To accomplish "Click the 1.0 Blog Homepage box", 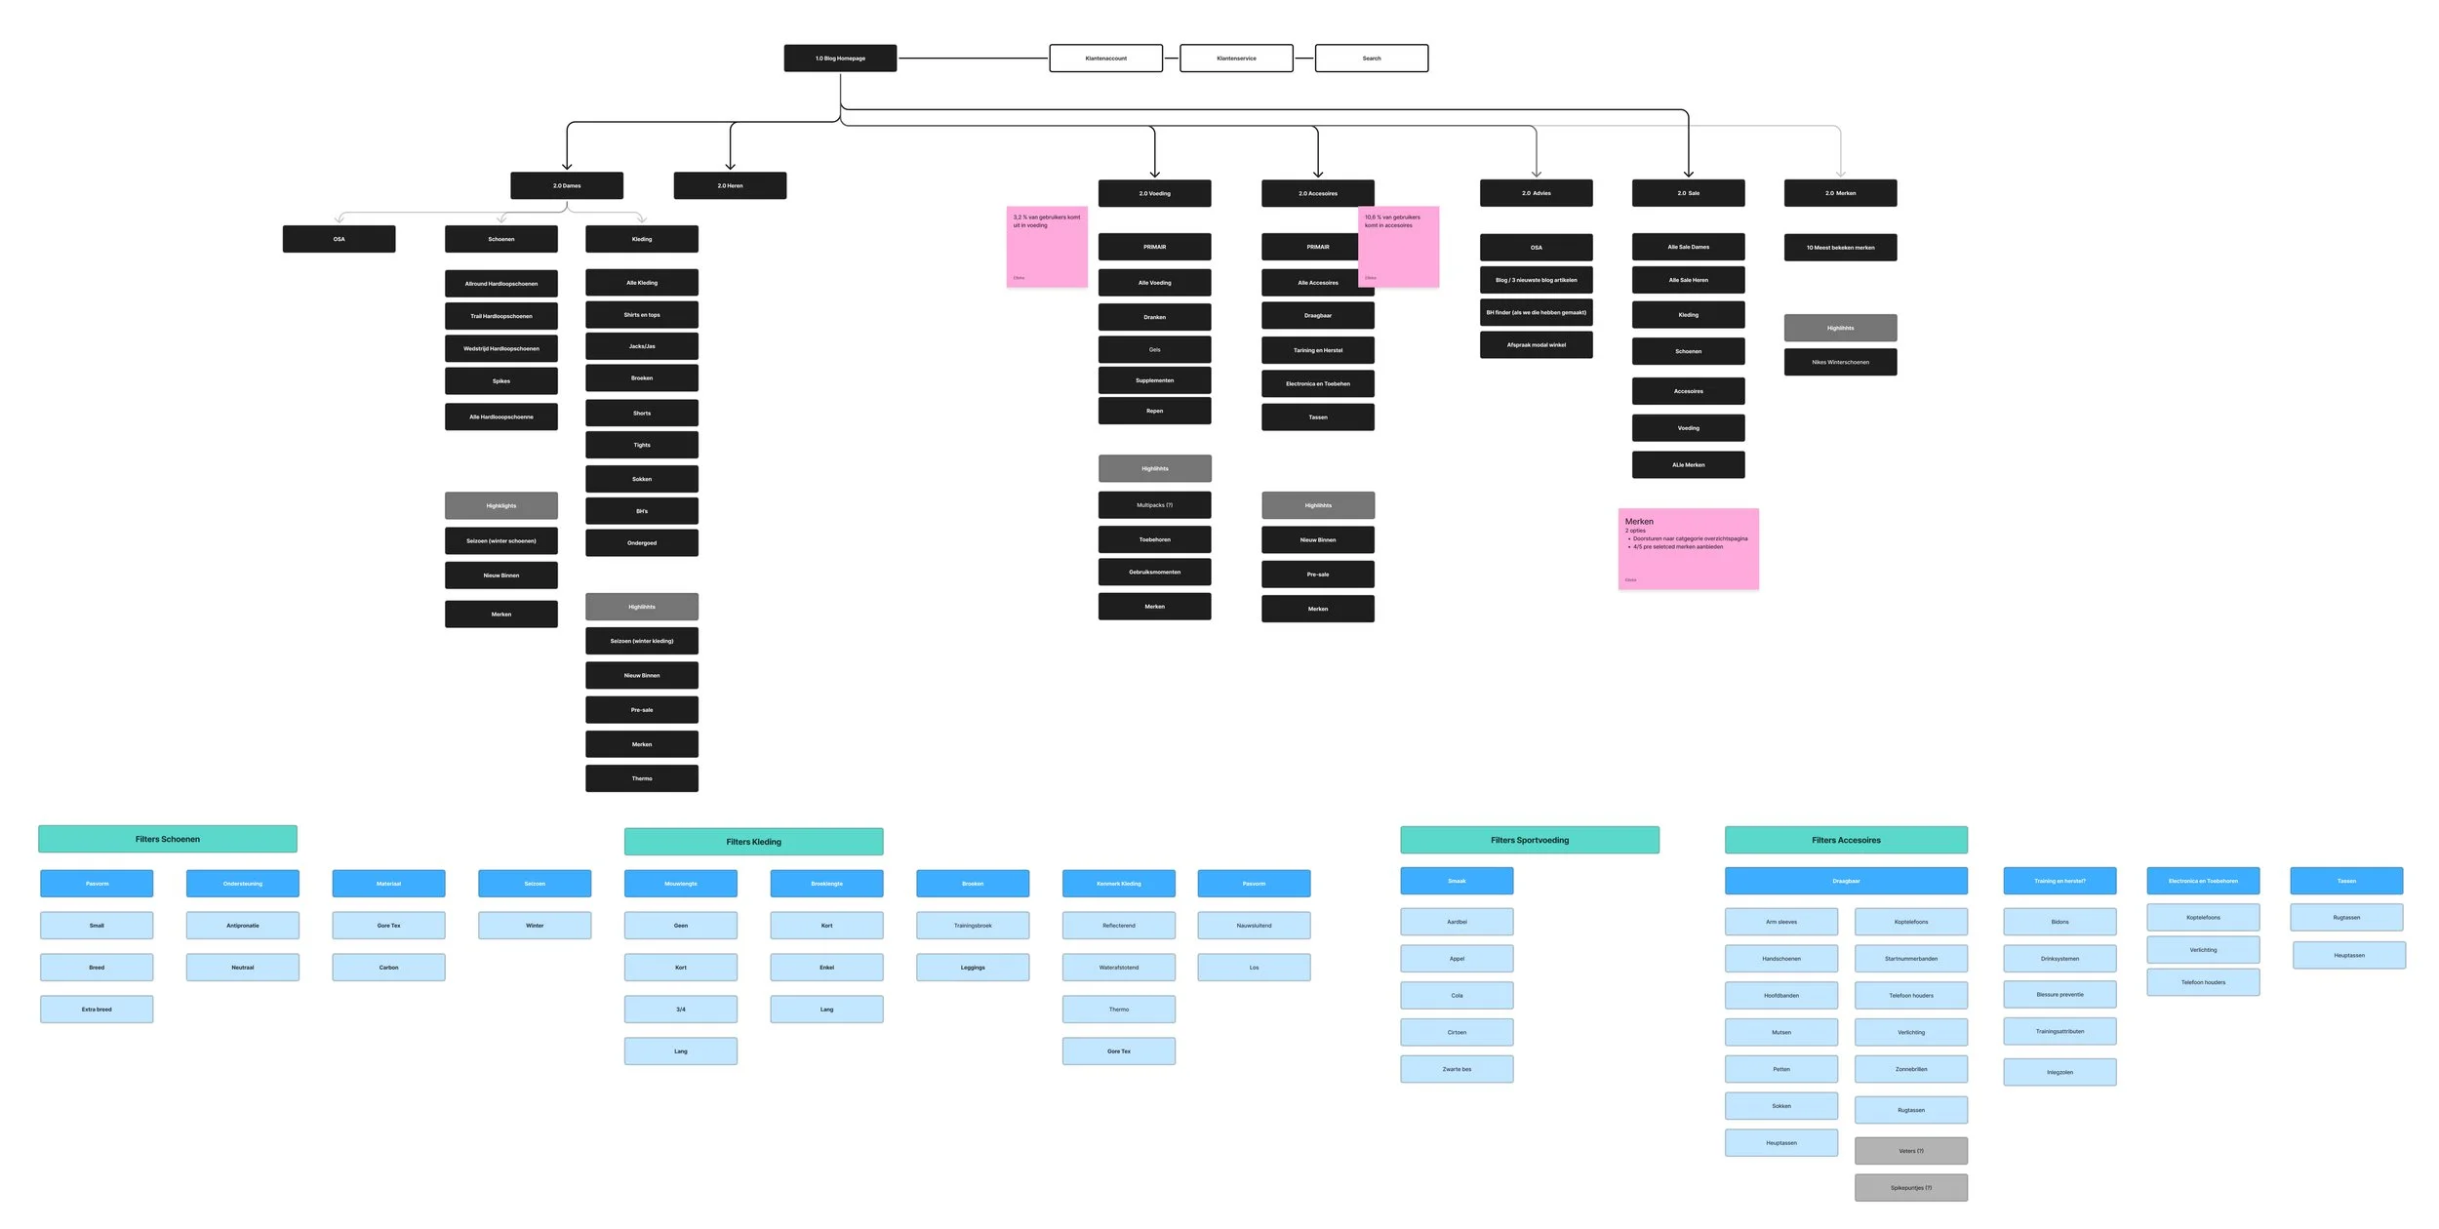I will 840,59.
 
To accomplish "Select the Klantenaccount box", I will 1105,59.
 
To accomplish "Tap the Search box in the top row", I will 1371,59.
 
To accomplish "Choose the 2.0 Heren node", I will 730,185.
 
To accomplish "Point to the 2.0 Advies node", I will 1536,193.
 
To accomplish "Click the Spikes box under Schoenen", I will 500,381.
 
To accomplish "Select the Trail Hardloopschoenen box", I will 500,316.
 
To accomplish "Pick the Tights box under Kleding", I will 641,445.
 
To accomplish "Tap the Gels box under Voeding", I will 1154,349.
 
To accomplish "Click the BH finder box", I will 1536,313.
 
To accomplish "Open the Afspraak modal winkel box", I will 1536,345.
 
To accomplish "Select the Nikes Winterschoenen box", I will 1840,362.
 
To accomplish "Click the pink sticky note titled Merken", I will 1688,549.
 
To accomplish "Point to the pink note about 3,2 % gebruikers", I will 1046,247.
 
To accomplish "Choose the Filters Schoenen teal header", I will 167,839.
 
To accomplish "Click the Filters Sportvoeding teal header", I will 1529,840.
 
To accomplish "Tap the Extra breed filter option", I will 97,1010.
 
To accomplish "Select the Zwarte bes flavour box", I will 1457,1069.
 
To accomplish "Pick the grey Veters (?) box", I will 1910,1151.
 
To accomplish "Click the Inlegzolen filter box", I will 2059,1072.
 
